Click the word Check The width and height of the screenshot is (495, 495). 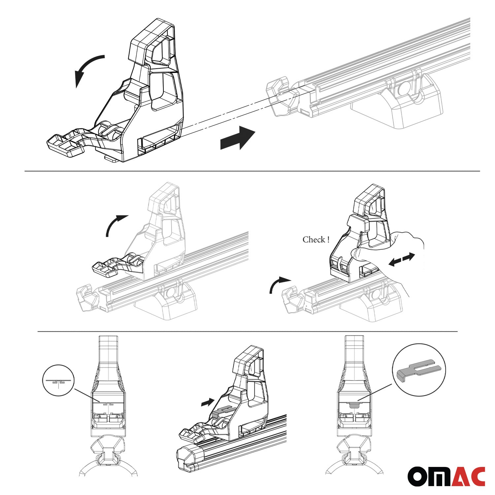tap(314, 240)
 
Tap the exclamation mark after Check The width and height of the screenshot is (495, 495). tap(328, 240)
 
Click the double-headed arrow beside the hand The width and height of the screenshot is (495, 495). tap(402, 259)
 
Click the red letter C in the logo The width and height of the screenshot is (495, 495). tap(477, 477)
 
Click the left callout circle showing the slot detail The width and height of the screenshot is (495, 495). tap(58, 380)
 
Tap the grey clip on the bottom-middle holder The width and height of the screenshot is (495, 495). tap(223, 411)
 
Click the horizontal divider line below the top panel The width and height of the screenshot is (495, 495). tap(252, 171)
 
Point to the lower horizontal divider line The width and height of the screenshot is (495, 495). tap(247, 331)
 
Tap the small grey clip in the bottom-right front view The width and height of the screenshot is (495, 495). tap(354, 404)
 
